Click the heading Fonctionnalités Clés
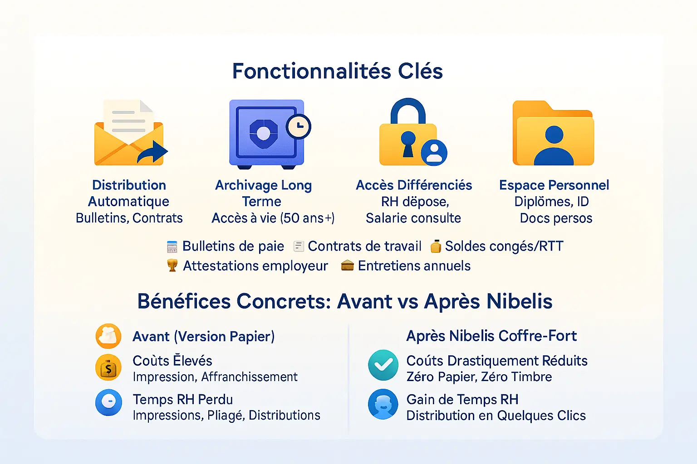point(337,71)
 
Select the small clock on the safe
point(298,127)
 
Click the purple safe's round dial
point(263,133)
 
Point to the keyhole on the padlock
point(408,143)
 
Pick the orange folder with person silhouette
point(553,134)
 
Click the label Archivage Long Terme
point(263,193)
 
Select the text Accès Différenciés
point(414,185)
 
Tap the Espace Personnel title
point(554,185)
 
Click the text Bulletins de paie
point(233,246)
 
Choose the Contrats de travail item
point(364,246)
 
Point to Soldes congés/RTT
point(504,246)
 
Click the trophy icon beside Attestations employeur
point(172,266)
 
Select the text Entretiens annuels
point(414,266)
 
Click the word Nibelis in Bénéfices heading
point(520,301)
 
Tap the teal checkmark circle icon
point(383,365)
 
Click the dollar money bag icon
point(108,367)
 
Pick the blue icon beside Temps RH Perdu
point(108,402)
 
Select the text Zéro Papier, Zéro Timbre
point(479,377)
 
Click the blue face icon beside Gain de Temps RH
point(383,404)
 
